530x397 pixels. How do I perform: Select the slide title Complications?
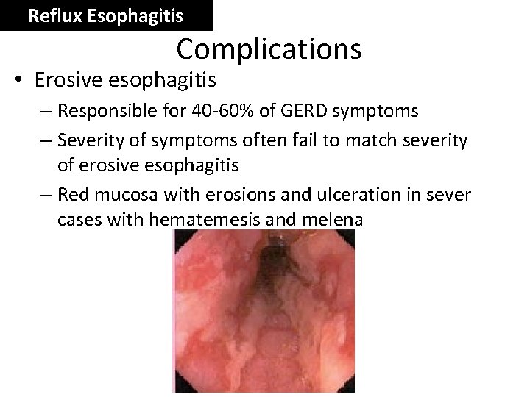pos(269,49)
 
